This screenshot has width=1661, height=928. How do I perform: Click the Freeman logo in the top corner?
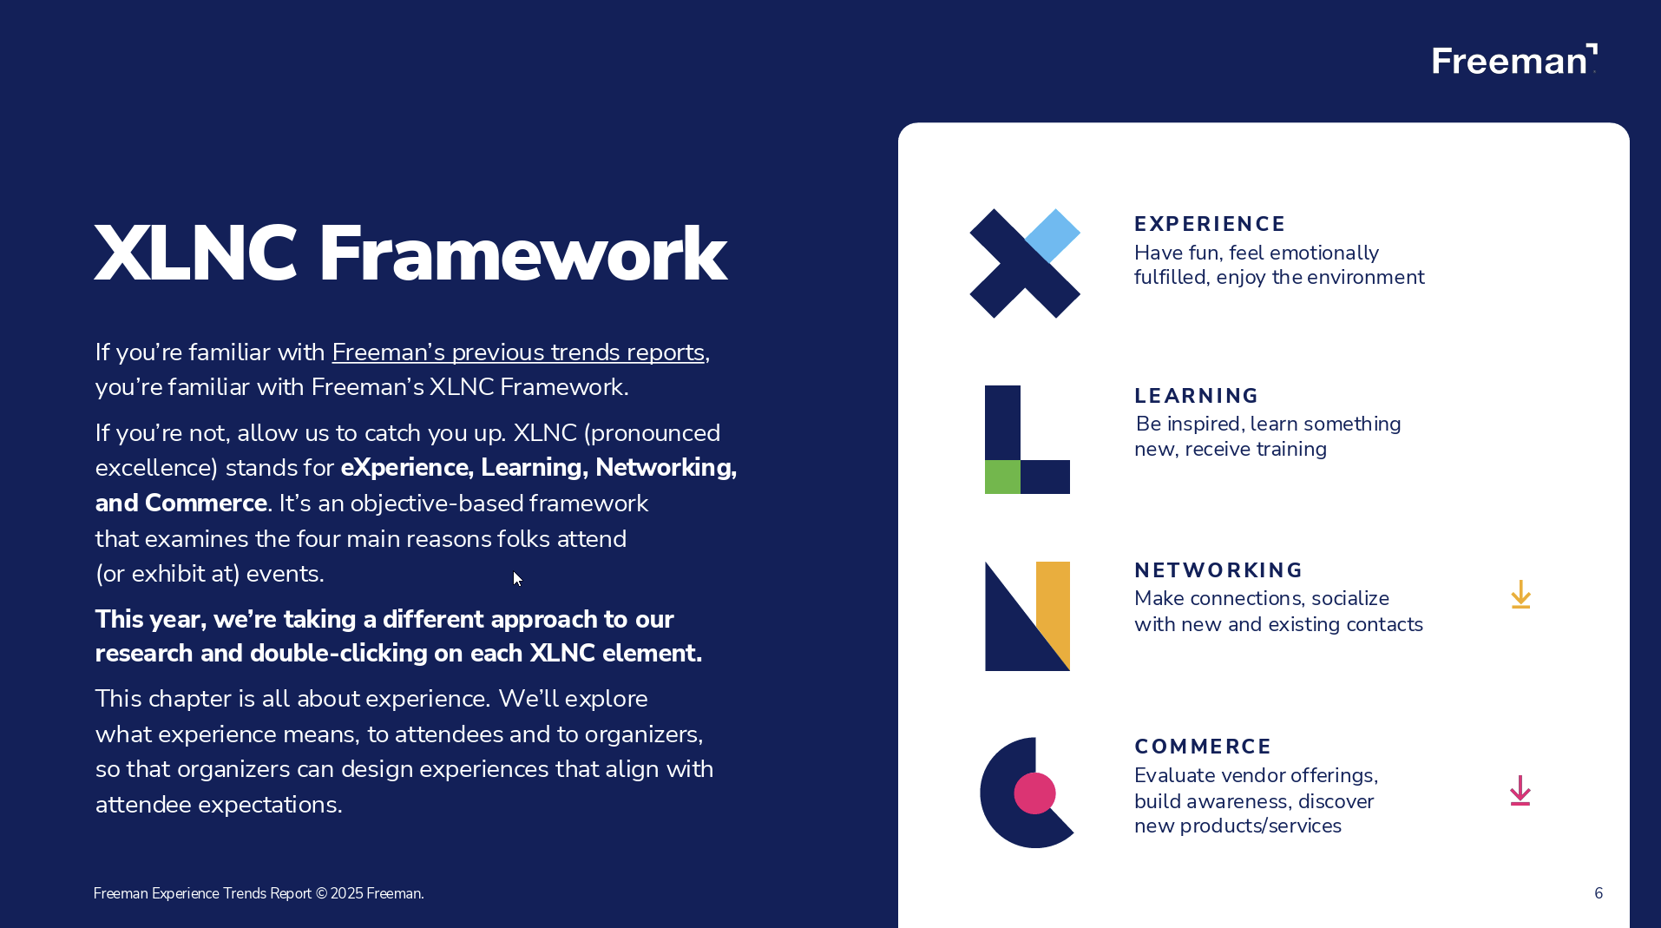tap(1513, 60)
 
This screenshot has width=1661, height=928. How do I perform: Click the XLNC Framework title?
tap(410, 253)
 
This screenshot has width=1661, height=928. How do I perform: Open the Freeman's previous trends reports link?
tap(518, 352)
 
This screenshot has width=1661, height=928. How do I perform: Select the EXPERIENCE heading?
tap(1209, 224)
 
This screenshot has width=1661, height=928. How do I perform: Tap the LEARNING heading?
tap(1196, 396)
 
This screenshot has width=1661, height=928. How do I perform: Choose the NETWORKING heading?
tap(1218, 570)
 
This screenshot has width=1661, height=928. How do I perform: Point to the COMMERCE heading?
tap(1202, 747)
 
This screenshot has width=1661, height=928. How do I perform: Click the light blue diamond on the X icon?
tap(1053, 235)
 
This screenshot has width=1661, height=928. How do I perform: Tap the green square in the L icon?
tap(1002, 477)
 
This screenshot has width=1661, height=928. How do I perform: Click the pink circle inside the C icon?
tap(1034, 793)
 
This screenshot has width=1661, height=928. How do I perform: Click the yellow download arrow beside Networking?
tap(1520, 596)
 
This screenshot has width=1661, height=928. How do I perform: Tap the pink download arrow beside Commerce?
tap(1520, 791)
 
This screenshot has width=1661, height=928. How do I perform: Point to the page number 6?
tap(1598, 893)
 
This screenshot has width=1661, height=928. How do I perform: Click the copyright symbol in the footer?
tap(321, 893)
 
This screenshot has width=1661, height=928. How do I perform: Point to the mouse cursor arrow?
tap(517, 578)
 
